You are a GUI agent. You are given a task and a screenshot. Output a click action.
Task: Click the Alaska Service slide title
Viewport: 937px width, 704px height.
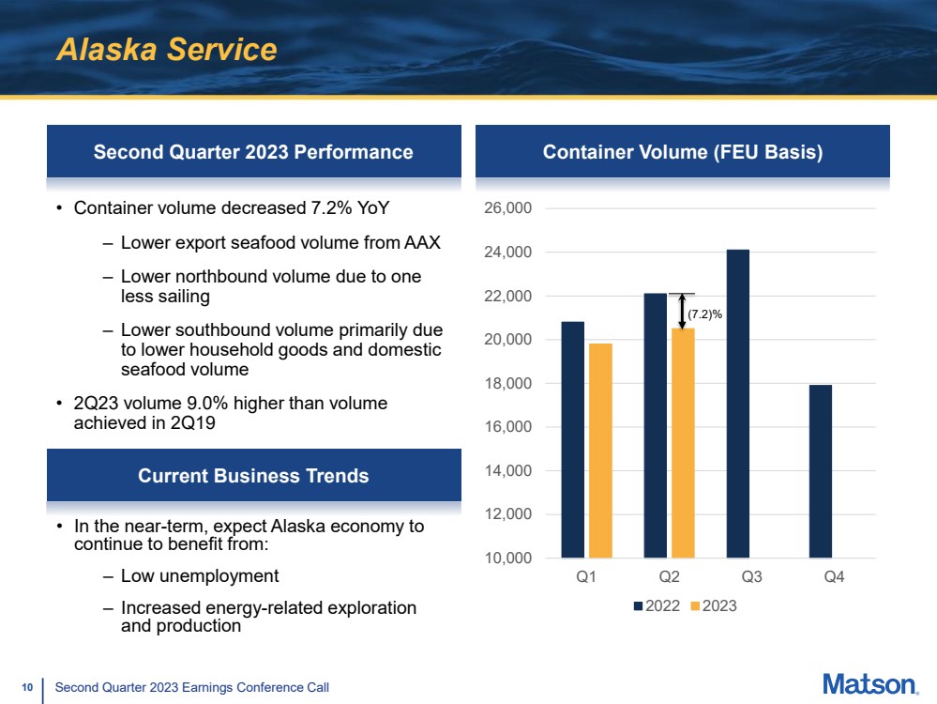167,49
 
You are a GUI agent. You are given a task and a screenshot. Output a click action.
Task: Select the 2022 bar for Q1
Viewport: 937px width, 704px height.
572,439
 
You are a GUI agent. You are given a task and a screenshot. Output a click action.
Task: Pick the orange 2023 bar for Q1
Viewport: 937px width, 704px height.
600,451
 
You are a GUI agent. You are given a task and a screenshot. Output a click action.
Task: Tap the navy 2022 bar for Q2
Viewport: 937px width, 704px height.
656,425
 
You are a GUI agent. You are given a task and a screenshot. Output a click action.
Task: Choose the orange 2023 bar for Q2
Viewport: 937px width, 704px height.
683,443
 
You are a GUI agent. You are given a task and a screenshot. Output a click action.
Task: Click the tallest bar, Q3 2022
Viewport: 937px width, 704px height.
738,404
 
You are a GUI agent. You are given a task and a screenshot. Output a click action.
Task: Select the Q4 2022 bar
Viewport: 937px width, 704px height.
821,471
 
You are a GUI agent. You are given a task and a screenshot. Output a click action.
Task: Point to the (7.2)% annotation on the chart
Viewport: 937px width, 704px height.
704,314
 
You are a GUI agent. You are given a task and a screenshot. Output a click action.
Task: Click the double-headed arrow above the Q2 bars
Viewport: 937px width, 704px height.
682,311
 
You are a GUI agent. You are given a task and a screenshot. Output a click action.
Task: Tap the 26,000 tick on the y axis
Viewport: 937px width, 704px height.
507,208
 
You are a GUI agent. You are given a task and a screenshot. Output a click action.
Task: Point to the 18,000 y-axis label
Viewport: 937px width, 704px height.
507,383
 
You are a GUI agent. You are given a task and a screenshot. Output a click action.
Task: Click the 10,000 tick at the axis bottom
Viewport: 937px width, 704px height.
507,559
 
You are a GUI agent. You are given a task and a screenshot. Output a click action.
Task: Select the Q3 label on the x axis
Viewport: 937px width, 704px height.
751,576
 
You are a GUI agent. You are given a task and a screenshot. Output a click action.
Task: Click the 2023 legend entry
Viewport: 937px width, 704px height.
714,605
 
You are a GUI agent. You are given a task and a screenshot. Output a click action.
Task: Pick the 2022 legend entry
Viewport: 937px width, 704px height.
657,605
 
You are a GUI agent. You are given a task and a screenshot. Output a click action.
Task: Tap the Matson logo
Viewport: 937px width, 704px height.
870,684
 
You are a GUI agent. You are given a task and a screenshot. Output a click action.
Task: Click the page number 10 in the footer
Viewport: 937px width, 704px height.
27,687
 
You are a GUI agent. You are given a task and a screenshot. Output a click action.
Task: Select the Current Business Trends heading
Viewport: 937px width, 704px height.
253,476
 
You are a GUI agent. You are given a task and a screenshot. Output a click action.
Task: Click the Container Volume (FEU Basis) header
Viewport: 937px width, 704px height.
683,152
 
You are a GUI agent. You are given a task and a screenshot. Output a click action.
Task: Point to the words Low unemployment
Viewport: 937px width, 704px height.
200,576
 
